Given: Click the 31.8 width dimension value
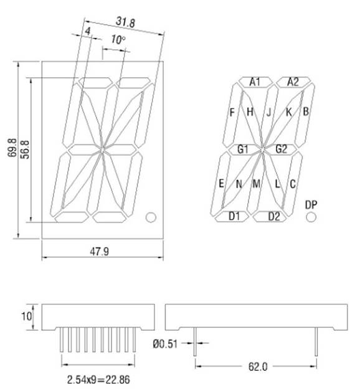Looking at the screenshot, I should (x=126, y=22).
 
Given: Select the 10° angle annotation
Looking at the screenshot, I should (x=118, y=40).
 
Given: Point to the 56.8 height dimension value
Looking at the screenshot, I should (x=25, y=150).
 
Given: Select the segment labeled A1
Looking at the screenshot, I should (x=255, y=82).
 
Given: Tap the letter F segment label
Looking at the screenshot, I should (x=232, y=113).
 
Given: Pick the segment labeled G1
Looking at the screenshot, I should (x=243, y=149).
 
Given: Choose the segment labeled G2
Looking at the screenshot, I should (x=281, y=149).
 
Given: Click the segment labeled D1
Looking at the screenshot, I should (x=234, y=216).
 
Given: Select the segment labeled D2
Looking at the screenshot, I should (x=274, y=216).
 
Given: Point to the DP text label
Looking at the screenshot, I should (x=311, y=204).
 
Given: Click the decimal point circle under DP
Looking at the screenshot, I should (x=311, y=216).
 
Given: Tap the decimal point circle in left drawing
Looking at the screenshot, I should (x=150, y=217).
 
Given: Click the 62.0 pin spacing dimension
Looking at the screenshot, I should (x=256, y=367).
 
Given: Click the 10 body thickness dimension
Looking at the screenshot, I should (x=26, y=316).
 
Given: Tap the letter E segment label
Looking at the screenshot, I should (x=221, y=183).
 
